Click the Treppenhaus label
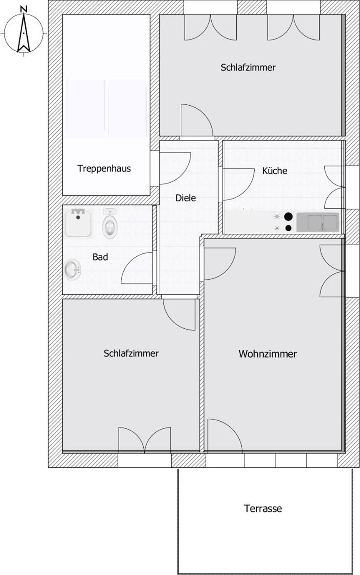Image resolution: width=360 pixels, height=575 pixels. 104,168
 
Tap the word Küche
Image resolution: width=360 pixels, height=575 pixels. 275,170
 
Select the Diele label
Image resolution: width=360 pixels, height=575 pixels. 186,198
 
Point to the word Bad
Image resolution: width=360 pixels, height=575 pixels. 100,257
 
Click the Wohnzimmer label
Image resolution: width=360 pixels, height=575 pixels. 268,354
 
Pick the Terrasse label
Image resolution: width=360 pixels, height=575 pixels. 263,508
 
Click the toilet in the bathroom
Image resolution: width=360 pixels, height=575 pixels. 110,223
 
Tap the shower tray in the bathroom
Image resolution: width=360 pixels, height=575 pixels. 78,223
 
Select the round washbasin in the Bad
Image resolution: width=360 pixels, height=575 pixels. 72,270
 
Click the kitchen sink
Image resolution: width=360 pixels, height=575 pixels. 318,222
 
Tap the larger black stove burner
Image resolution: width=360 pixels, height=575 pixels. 289,217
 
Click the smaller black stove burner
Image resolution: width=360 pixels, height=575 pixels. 289,228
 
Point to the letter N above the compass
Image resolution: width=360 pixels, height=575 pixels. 24,9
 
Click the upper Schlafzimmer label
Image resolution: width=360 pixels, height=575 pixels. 248,67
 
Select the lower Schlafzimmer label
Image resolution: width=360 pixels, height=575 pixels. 131,353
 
